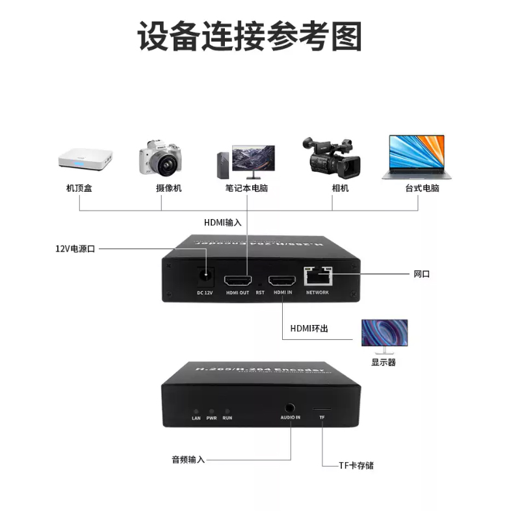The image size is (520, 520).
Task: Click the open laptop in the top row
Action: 417,157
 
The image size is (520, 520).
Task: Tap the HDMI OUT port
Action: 237,281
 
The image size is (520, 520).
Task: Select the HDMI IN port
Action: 282,281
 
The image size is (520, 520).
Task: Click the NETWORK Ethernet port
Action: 317,277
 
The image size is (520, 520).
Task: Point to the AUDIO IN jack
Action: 291,409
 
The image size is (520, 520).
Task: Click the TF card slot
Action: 321,410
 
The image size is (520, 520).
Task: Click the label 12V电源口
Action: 75,248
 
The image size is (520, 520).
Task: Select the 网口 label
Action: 422,274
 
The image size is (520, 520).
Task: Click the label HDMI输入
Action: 223,222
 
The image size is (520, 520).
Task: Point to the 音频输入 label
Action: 188,459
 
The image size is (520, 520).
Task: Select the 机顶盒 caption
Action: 79,188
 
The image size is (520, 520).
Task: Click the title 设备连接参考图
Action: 250,36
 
